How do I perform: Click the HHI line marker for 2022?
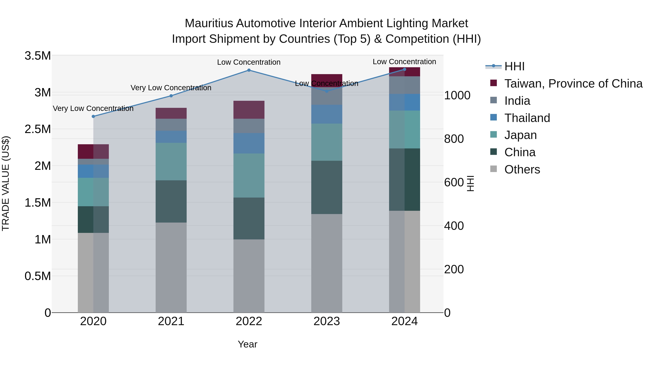(249, 70)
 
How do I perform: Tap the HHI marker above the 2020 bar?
(93, 116)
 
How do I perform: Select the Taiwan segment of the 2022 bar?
(249, 110)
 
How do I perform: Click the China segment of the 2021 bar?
(171, 201)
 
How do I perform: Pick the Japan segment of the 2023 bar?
(326, 142)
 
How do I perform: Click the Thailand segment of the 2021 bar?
(171, 137)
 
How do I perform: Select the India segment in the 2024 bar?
(404, 85)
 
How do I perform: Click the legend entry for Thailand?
(527, 118)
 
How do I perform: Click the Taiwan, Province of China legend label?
(573, 84)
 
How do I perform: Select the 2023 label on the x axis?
(326, 321)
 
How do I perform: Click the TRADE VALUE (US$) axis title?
(6, 183)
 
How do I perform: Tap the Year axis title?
(247, 344)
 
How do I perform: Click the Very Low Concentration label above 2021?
(171, 88)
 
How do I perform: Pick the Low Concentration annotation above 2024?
(404, 62)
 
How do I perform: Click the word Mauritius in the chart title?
(209, 23)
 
